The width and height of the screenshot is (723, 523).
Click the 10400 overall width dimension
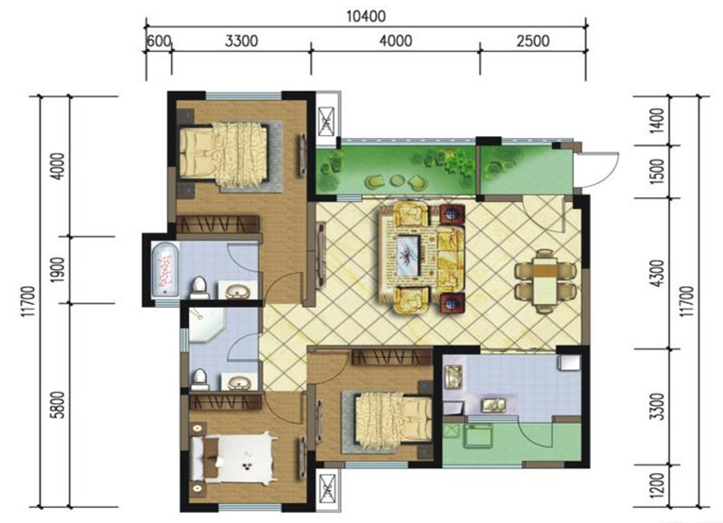pos(366,17)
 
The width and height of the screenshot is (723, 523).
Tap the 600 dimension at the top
pos(159,41)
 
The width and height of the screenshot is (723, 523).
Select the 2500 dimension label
pos(533,41)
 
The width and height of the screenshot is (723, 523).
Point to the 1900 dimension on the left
pos(58,270)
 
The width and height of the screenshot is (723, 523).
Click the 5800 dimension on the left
pos(58,405)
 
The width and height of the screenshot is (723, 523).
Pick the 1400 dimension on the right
pos(659,120)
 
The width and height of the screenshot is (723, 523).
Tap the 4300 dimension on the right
pos(659,274)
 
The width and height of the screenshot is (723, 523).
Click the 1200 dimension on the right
pos(659,485)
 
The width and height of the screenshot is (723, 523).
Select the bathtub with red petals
pos(165,270)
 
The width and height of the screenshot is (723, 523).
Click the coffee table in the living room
pos(406,255)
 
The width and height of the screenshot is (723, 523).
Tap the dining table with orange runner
pos(544,280)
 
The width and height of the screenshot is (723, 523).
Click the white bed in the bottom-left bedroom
pos(233,459)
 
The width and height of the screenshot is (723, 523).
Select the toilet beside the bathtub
pos(199,288)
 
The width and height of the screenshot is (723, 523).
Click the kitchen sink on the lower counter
pos(493,405)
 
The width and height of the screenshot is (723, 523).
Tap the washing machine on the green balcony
pos(478,436)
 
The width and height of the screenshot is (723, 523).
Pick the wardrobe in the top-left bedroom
pos(217,224)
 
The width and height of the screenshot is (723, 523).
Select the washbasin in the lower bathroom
pos(239,382)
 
